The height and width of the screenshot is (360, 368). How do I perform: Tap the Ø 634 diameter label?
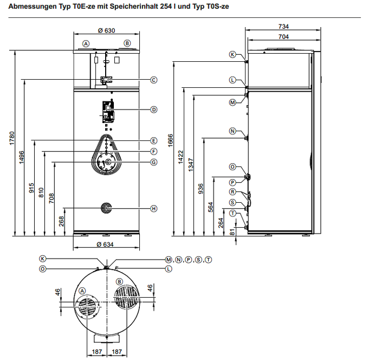click(106, 245)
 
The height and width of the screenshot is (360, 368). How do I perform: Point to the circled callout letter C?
click(154, 80)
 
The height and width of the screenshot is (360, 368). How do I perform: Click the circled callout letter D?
click(154, 110)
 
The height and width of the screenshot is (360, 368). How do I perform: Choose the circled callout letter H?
click(154, 208)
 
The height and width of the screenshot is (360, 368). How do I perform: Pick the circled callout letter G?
click(154, 162)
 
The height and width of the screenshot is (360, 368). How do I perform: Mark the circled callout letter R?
click(232, 192)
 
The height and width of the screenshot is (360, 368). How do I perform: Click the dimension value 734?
click(283, 26)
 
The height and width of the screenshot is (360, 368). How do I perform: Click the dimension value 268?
click(62, 222)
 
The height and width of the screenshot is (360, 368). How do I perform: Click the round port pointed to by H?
click(107, 208)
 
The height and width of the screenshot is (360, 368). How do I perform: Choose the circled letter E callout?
click(154, 140)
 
